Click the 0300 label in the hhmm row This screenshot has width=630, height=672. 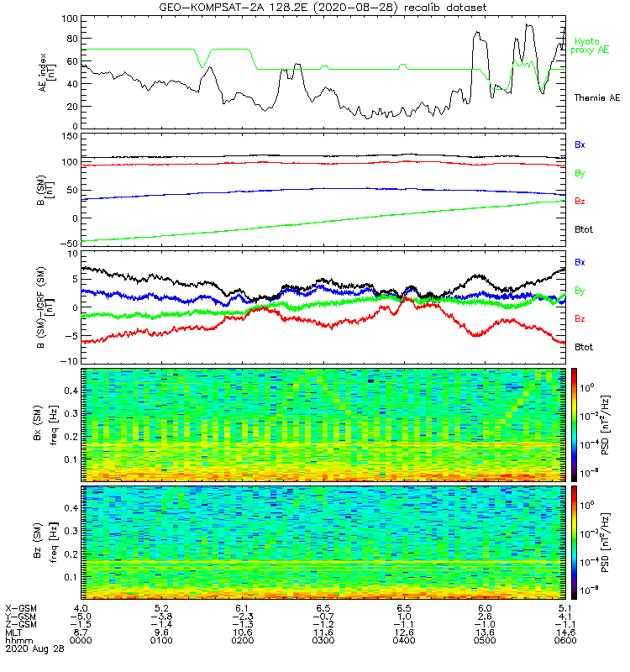(322, 641)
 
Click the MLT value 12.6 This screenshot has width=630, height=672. (402, 633)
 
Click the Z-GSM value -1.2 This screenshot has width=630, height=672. (322, 624)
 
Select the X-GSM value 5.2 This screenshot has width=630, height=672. (161, 607)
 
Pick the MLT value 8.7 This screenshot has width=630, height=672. (81, 633)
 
